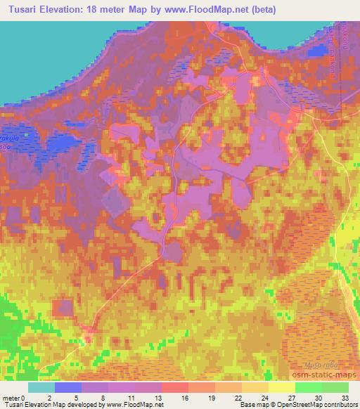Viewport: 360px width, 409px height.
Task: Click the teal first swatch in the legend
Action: pyautogui.click(x=41, y=387)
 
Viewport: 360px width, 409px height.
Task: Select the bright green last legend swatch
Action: pyautogui.click(x=335, y=387)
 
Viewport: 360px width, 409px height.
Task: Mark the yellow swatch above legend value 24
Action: pyautogui.click(x=255, y=387)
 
